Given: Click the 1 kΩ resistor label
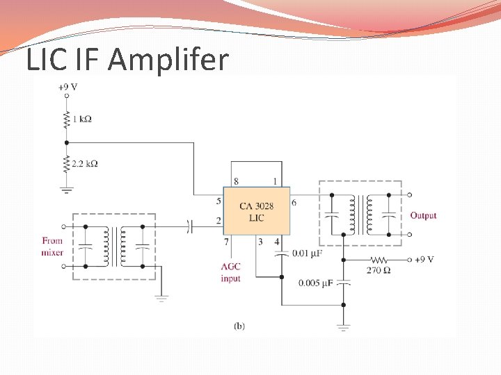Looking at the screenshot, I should tap(82, 119).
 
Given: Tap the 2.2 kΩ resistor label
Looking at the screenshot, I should tap(85, 164).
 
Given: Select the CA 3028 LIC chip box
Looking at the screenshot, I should tap(256, 212).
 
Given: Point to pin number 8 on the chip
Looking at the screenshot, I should tap(236, 181).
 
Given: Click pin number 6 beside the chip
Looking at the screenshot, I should tap(294, 202).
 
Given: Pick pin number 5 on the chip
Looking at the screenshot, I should tap(218, 201).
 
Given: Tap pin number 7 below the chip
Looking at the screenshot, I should tap(225, 242).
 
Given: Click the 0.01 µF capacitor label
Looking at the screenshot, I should tap(306, 253).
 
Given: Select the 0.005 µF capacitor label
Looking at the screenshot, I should tap(317, 283).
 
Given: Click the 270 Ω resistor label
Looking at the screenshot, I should tap(377, 269).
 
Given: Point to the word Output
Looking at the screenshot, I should tap(423, 215).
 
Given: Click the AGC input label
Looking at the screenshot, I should tap(230, 272).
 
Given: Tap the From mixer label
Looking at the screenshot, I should tap(52, 247).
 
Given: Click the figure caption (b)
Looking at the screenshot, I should tap(239, 325).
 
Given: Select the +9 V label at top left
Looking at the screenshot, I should tap(67, 87).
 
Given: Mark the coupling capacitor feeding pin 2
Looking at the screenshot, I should tap(189, 225).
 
